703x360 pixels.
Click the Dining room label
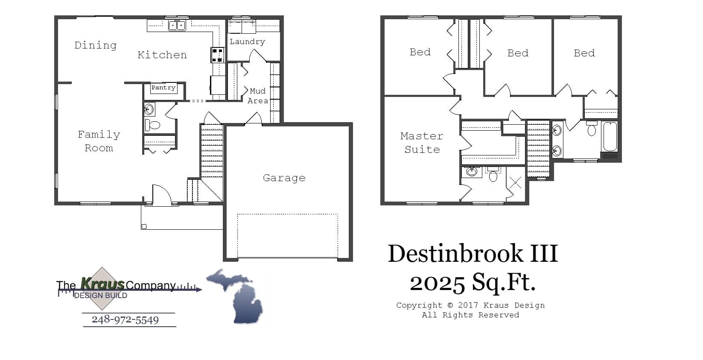95,45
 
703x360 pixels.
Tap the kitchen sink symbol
177,26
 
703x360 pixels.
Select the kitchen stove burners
218,55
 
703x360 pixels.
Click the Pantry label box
163,88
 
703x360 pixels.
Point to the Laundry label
247,41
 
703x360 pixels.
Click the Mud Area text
257,96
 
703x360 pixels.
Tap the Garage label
284,178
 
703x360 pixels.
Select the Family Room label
99,141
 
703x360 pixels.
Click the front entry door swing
161,195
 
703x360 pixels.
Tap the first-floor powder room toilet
153,125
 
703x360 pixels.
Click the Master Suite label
422,142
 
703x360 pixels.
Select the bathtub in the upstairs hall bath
610,137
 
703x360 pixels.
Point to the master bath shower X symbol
516,183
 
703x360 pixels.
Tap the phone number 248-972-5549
125,319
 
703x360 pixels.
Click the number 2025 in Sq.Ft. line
437,282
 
